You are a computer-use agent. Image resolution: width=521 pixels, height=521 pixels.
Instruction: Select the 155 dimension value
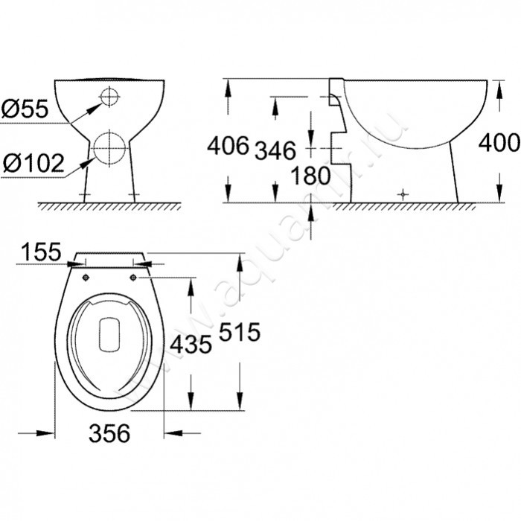click(x=39, y=252)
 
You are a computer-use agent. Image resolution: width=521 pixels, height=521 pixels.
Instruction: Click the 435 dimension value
click(x=191, y=344)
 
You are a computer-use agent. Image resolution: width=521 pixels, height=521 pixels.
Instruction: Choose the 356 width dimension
click(x=109, y=432)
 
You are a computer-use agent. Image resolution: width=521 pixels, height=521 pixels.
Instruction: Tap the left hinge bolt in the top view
click(x=85, y=278)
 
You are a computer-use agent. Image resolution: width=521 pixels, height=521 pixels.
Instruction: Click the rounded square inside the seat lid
click(x=109, y=332)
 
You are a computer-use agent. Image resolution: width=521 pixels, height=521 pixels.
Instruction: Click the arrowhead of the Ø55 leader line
click(x=95, y=105)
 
